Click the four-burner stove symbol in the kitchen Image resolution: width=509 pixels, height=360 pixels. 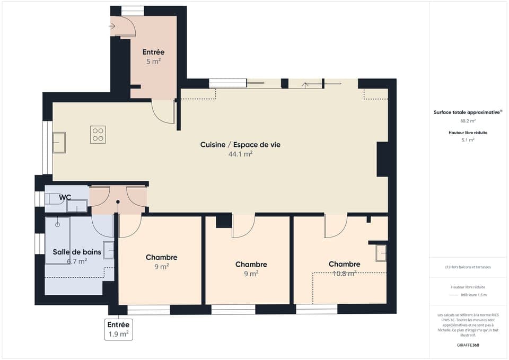point(98,134)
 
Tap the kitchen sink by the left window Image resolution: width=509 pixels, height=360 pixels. point(59,143)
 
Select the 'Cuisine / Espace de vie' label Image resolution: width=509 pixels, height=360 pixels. point(240,144)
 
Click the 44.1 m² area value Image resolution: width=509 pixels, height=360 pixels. point(240,154)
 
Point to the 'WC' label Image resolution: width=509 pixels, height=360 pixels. point(65,197)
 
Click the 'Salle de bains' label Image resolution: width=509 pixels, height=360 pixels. point(69,251)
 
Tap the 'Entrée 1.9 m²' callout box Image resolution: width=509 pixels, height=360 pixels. point(118,329)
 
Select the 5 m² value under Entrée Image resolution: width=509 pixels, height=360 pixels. point(153,61)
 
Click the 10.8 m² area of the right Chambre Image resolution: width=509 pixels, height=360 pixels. point(344,274)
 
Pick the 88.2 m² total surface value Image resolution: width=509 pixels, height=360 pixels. point(468,121)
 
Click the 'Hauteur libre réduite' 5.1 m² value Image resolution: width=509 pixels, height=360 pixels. point(468,140)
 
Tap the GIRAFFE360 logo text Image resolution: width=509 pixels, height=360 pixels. point(468,345)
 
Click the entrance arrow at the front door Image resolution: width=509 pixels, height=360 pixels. point(112,25)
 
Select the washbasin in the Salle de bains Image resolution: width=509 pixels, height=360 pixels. point(108,250)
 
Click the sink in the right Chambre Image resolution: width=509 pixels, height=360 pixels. point(381,253)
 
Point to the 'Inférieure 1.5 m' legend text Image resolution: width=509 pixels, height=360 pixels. point(473,295)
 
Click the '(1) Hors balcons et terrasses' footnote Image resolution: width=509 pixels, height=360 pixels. point(468,267)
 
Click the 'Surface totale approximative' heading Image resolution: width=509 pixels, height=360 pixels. point(467,112)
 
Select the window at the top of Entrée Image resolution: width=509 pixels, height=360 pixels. point(133,11)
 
